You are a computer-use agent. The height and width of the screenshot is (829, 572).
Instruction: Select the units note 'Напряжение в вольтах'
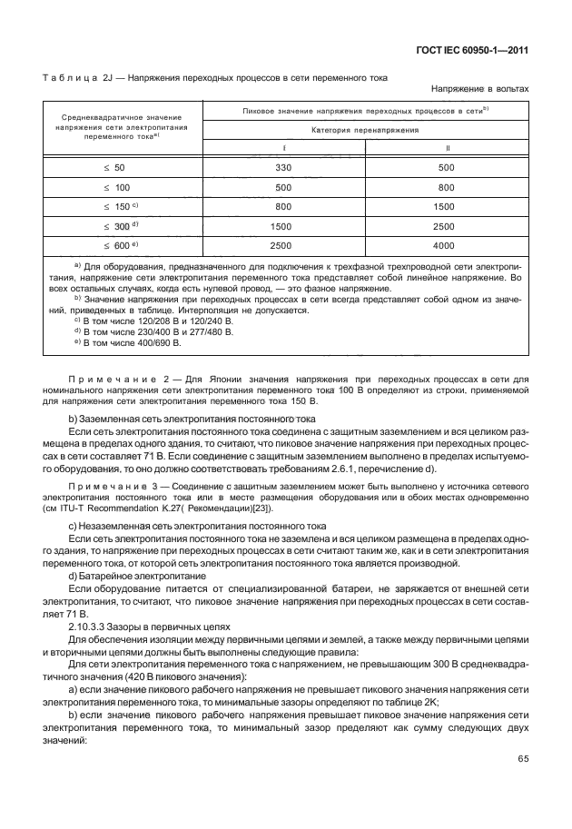[x=480, y=89]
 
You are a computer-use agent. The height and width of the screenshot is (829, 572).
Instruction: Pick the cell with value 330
[x=282, y=168]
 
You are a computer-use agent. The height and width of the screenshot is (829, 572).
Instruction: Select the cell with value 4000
[x=445, y=246]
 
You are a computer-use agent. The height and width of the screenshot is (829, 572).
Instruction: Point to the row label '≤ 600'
[x=118, y=246]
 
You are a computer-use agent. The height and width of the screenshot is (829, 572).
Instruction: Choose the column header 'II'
[x=445, y=148]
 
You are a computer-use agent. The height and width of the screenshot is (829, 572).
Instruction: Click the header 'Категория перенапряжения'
[x=364, y=130]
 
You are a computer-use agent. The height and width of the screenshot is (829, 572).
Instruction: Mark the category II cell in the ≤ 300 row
[x=445, y=226]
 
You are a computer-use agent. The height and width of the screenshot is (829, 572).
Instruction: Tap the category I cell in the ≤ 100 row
[x=282, y=188]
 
